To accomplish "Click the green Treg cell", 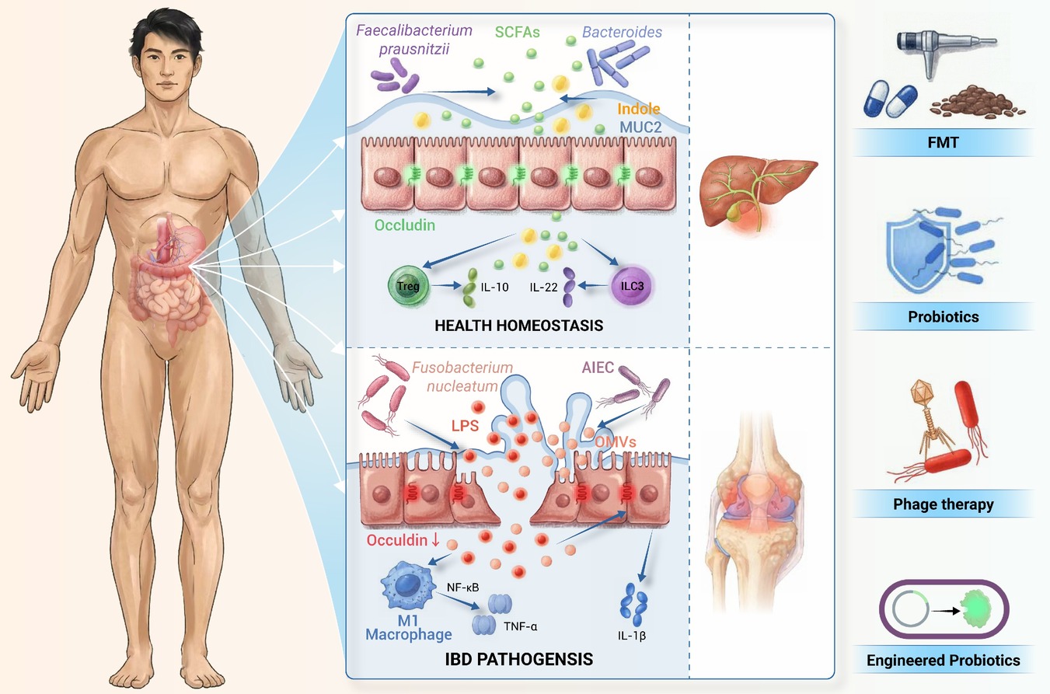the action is (408, 285).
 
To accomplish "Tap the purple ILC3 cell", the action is (631, 285).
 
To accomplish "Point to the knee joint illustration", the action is (755, 511).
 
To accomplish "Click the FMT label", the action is (943, 142).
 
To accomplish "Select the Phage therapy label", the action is (943, 504).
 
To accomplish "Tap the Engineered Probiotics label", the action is (943, 661).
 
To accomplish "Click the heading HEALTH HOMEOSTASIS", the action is (518, 326).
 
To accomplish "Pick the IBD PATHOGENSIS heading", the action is (518, 659).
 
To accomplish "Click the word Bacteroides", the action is (622, 32).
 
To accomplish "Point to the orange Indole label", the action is (638, 109).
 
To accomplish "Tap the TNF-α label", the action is (520, 626).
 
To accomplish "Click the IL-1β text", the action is (631, 636).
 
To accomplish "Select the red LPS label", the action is (465, 425).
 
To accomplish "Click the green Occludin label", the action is (404, 225).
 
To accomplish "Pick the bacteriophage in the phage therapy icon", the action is (930, 418).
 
